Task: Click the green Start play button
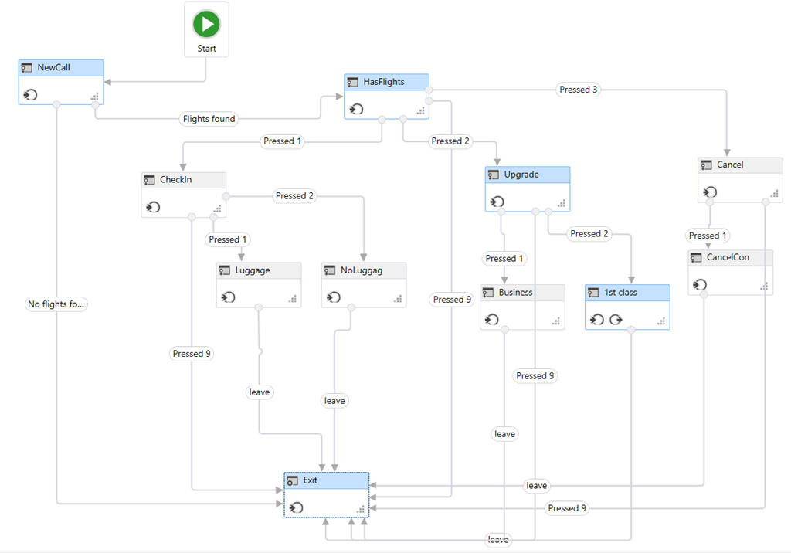206,24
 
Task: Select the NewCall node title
53,68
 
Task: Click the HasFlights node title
384,82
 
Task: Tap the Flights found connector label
209,119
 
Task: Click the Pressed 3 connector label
579,90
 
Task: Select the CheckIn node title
175,180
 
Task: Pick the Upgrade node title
521,175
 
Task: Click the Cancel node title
730,165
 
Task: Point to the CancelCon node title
728,257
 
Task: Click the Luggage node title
252,270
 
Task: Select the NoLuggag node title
362,270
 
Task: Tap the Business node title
515,293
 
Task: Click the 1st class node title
620,293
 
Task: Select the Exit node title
311,480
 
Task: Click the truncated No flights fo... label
56,304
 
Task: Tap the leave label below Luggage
260,392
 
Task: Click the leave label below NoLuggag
334,401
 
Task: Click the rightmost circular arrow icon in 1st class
616,320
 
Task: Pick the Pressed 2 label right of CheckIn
295,196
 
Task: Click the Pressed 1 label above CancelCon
708,236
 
